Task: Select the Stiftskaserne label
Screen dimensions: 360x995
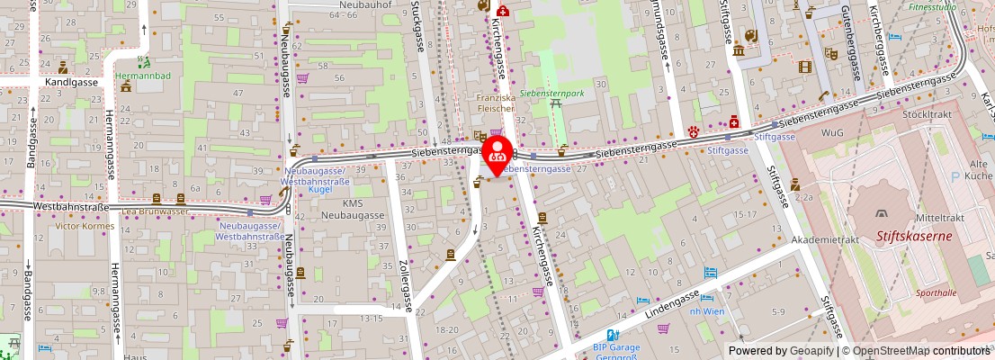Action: [x=913, y=238]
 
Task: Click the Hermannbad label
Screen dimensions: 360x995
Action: [x=142, y=76]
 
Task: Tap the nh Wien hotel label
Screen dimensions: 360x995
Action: [x=706, y=310]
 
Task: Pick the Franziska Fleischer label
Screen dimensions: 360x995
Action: [x=496, y=101]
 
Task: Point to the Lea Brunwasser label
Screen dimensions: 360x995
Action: [x=156, y=211]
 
